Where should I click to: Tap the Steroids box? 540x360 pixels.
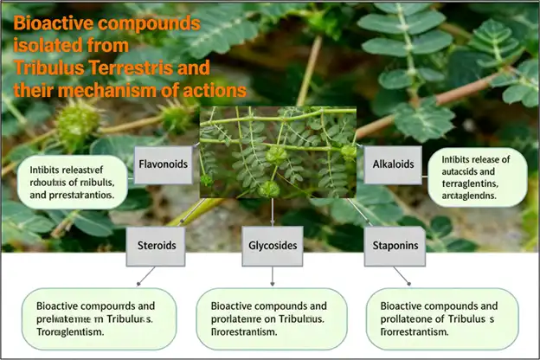pos(157,246)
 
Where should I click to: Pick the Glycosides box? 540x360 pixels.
pos(273,246)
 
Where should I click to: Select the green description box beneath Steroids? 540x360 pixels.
pos(96,318)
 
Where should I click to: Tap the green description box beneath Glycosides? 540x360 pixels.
pos(273,318)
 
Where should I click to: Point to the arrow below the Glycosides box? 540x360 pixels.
pos(273,276)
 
